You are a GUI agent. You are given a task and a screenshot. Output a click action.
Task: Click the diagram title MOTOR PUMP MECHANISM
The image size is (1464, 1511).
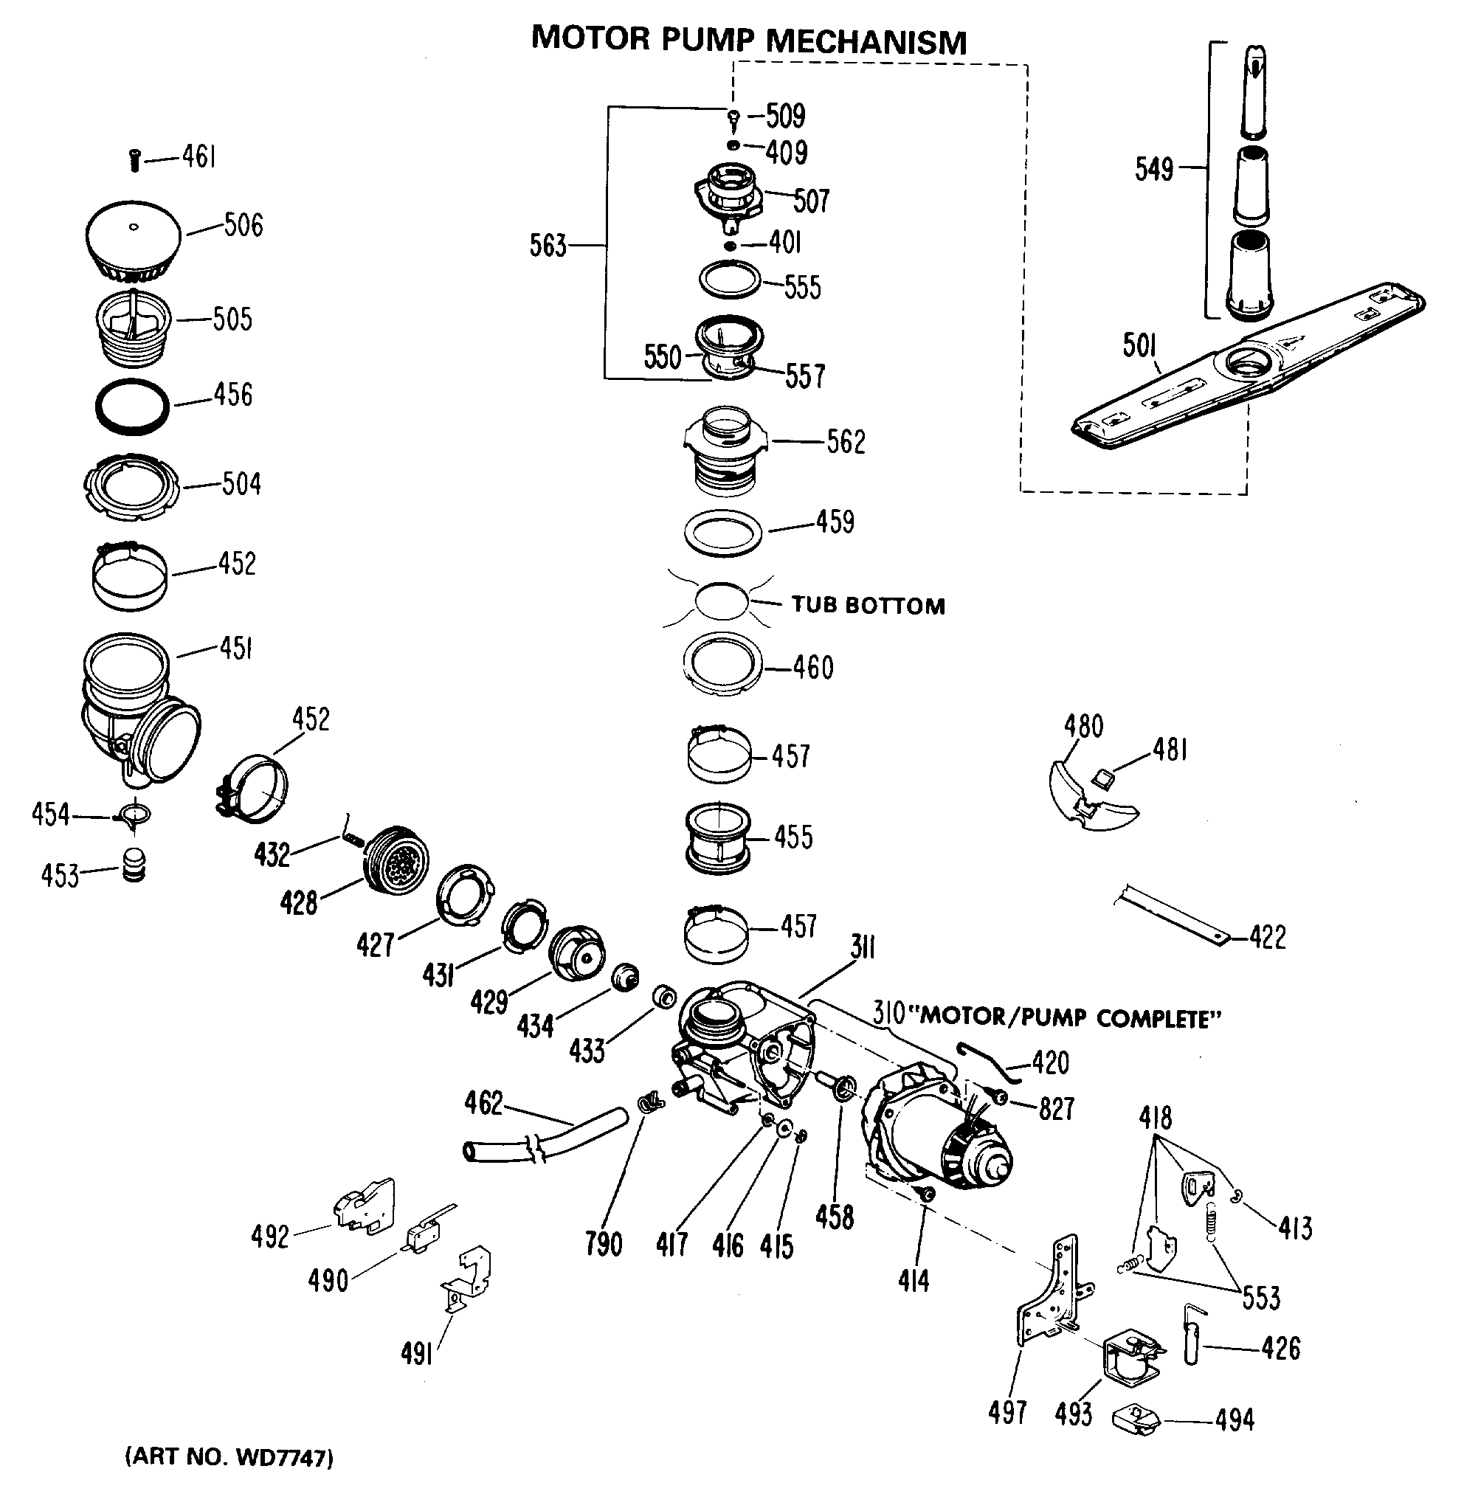748,39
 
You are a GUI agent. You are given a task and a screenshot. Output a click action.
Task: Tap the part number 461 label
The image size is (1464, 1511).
198,157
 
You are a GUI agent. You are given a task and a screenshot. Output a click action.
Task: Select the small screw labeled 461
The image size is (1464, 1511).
134,160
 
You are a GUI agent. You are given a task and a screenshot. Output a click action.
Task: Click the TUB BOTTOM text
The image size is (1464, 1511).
867,605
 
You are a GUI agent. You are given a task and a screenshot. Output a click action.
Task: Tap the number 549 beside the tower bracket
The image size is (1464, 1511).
1153,169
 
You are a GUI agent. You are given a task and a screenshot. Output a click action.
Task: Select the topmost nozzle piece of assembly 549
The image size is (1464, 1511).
1254,91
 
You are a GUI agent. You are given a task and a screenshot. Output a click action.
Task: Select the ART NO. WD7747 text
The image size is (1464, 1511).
229,1457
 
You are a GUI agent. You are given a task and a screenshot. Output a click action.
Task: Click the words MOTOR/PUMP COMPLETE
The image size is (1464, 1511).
1071,1019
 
